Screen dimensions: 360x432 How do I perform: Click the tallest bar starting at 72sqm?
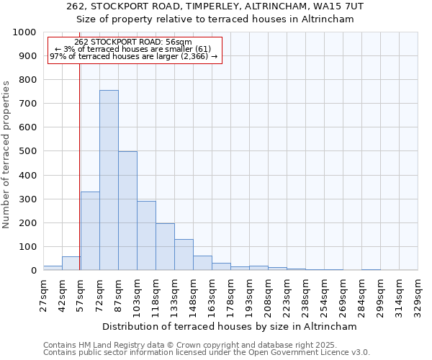[x=109, y=180]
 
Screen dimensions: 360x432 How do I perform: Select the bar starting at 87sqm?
[x=127, y=211]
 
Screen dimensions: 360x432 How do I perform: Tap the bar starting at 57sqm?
[x=90, y=231]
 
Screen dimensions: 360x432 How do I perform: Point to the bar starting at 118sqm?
[x=165, y=247]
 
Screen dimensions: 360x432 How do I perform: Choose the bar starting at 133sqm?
[x=184, y=255]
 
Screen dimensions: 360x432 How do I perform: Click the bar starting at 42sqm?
[x=71, y=264]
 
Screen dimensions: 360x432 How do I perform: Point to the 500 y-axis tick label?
[x=27, y=151]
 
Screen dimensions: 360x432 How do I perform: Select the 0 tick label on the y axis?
[x=33, y=271]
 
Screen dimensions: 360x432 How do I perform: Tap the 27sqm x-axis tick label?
[x=43, y=292]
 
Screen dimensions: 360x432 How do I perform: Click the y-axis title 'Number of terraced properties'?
[x=7, y=154]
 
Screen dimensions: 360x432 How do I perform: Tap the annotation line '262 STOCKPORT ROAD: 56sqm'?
[x=133, y=42]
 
